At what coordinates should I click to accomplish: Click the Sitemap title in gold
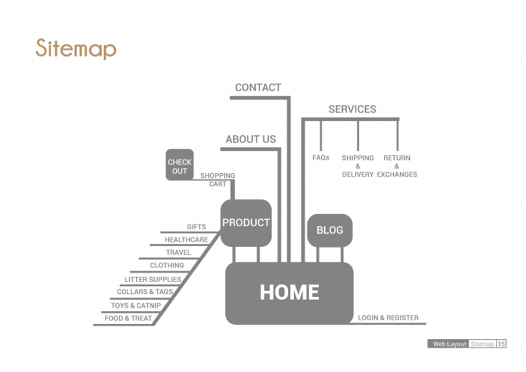point(76,49)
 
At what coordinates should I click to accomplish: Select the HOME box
point(289,293)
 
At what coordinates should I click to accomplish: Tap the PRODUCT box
point(246,223)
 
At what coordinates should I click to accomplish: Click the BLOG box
point(330,230)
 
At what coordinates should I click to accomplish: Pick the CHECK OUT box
point(180,165)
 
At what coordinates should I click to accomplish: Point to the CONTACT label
point(258,88)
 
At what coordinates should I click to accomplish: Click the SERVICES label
point(352,109)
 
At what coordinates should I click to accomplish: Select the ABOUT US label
point(251,139)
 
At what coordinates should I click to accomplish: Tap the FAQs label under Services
point(321,158)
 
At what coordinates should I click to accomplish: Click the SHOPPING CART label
point(218,180)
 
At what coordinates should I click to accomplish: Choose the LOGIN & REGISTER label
point(388,318)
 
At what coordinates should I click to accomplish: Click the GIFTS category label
point(196,227)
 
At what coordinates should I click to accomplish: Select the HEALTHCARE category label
point(186,239)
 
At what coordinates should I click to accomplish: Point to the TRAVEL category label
point(178,253)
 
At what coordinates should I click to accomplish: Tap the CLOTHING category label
point(167,265)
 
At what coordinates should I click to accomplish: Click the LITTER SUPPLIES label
point(153,279)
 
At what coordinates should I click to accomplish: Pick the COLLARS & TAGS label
point(145,292)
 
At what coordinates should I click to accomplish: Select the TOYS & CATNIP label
point(136,305)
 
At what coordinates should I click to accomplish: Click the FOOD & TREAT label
point(128,318)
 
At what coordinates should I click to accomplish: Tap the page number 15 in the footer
point(501,344)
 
